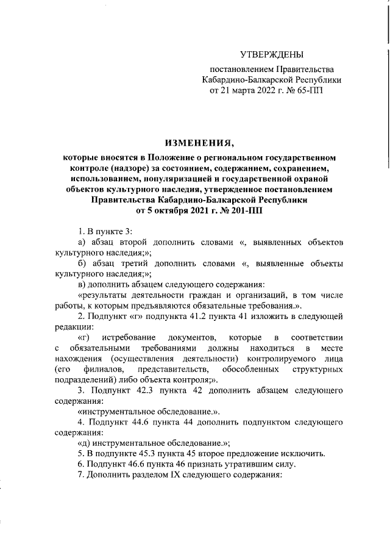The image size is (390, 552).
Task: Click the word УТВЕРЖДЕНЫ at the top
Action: tap(271, 56)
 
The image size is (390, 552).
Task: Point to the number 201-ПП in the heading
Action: tap(247, 210)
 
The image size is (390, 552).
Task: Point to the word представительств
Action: tap(170, 370)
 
